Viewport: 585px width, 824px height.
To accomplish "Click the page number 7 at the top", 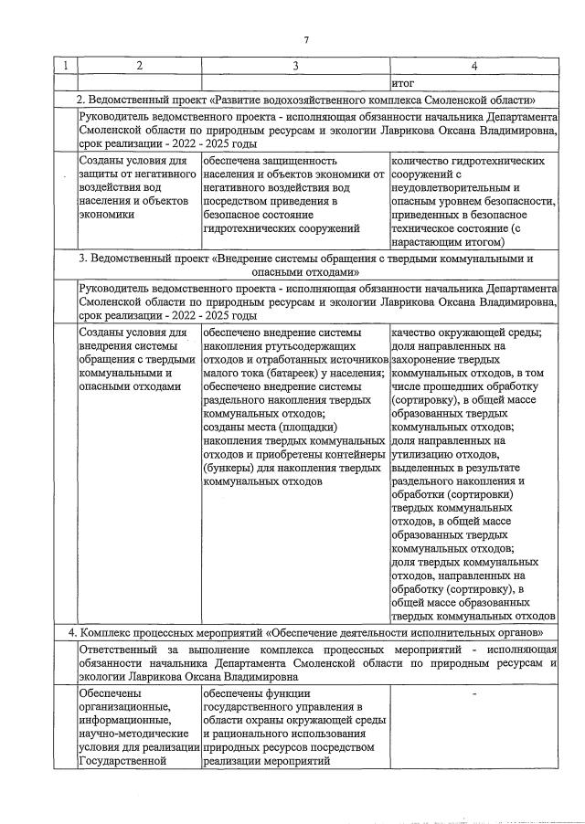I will pos(306,38).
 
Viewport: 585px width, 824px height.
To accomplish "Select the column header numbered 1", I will pos(64,66).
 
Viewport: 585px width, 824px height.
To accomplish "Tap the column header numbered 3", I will pos(295,66).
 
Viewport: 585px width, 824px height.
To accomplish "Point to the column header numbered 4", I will pos(473,66).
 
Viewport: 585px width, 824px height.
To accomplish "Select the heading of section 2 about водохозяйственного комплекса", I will pos(305,100).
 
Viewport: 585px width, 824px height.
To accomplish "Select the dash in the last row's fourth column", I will pos(473,695).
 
